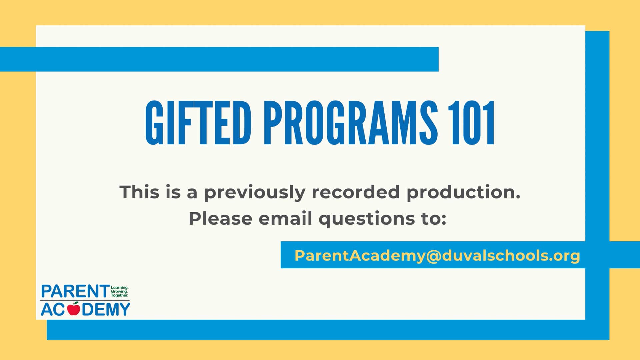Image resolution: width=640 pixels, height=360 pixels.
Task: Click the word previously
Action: click(x=254, y=193)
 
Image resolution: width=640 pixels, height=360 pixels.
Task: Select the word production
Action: click(x=463, y=193)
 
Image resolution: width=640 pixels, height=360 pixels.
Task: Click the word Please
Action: click(x=220, y=219)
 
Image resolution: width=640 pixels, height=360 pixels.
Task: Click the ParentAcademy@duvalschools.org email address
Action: click(x=437, y=256)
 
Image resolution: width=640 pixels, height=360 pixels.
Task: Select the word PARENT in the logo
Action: click(x=75, y=292)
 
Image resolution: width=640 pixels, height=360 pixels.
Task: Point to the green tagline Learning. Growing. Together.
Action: click(x=119, y=291)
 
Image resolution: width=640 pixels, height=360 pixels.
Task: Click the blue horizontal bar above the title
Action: click(x=219, y=59)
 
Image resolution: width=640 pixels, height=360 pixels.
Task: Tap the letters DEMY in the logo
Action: click(x=106, y=309)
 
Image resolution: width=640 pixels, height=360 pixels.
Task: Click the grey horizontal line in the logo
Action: click(x=85, y=300)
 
